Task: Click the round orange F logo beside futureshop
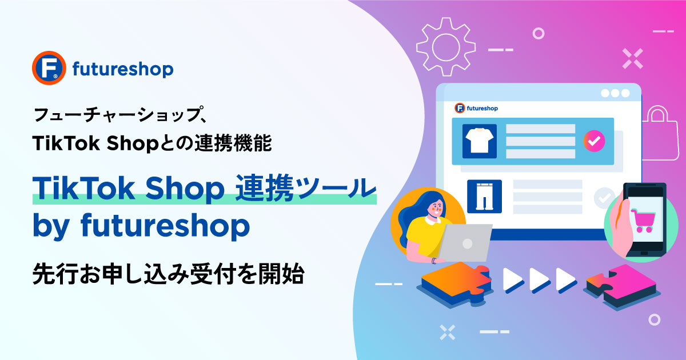pyautogui.click(x=49, y=67)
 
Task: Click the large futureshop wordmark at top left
pyautogui.click(x=123, y=69)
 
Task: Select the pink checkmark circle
pyautogui.click(x=594, y=141)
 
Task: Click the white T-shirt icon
pyautogui.click(x=479, y=141)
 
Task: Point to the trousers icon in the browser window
pyautogui.click(x=485, y=196)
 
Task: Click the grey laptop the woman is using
pyautogui.click(x=465, y=242)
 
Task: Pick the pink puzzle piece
pyautogui.click(x=623, y=286)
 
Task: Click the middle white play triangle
pyautogui.click(x=540, y=279)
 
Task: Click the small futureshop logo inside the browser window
pyautogui.click(x=476, y=108)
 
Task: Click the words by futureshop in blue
pyautogui.click(x=141, y=226)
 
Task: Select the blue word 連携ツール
pyautogui.click(x=306, y=188)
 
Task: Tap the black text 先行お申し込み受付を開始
pyautogui.click(x=169, y=273)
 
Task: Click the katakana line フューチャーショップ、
pyautogui.click(x=120, y=114)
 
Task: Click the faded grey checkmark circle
pyautogui.click(x=604, y=198)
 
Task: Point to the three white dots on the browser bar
pyautogui.click(x=615, y=93)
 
